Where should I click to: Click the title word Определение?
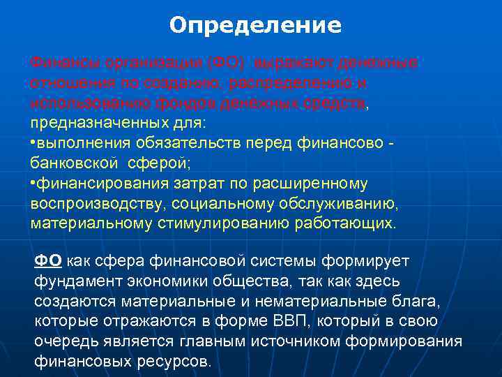[255, 26]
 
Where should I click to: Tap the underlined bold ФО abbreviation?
[48, 260]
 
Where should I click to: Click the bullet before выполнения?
[33, 143]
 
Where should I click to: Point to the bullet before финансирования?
[33, 184]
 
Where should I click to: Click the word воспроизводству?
[94, 204]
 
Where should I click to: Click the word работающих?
[344, 224]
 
